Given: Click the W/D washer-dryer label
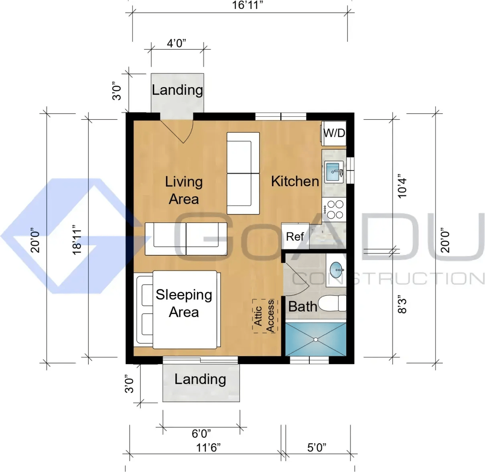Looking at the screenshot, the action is point(334,133).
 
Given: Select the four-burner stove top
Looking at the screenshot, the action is point(334,209).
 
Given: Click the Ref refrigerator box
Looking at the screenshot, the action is point(295,236).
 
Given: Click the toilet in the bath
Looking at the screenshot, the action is point(332,303).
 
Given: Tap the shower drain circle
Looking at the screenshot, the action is point(316,340).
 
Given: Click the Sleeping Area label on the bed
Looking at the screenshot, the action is point(184,303).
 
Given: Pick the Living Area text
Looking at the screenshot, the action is point(184,190).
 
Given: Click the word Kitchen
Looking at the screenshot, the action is point(295,181).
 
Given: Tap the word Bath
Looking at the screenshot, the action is point(302,306).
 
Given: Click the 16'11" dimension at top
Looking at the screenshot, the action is point(248,5).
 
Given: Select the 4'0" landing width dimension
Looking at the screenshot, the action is point(177,43).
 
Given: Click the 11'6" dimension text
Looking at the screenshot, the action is point(208,448).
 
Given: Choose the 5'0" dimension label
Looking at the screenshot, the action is point(317,448).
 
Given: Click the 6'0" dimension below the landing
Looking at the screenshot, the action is point(201,434).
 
